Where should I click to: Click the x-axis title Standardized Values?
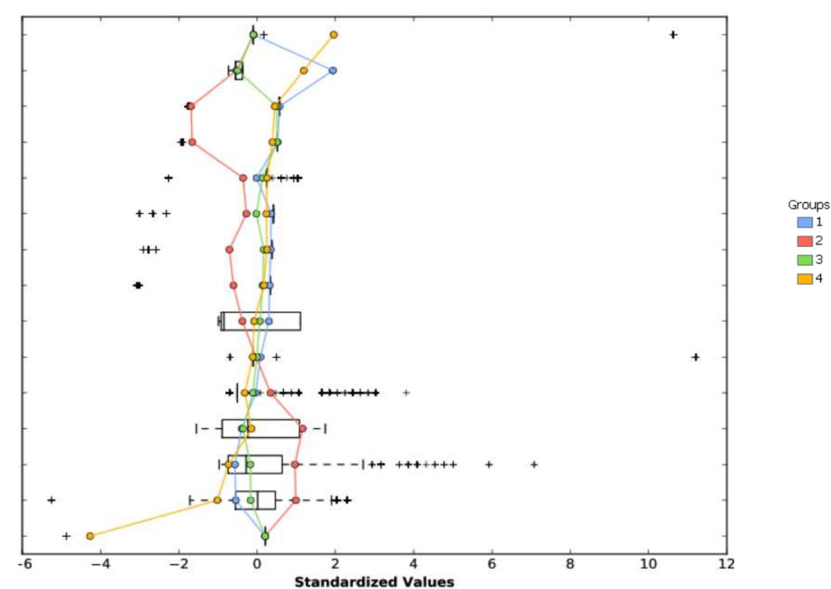click(374, 581)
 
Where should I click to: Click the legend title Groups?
click(808, 205)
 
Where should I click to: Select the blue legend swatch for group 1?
click(804, 223)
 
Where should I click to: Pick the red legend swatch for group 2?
click(804, 241)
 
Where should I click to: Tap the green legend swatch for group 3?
click(804, 260)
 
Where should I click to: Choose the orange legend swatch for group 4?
click(804, 278)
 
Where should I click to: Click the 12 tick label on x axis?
click(726, 564)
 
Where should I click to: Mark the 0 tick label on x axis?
click(258, 564)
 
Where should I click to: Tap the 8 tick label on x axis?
click(570, 564)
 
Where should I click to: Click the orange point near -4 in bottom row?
click(90, 536)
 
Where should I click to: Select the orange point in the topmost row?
click(334, 35)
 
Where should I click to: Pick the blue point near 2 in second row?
click(333, 71)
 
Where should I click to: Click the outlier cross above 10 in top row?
click(673, 35)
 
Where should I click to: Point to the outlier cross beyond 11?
click(696, 357)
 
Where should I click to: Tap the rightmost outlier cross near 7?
click(534, 465)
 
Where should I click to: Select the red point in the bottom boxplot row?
click(296, 501)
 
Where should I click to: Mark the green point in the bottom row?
click(265, 536)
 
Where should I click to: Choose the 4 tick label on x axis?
click(414, 564)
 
